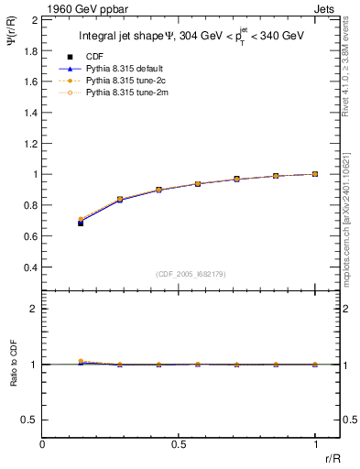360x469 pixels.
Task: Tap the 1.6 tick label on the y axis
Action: (x=28, y=82)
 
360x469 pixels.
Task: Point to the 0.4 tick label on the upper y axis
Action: (x=28, y=267)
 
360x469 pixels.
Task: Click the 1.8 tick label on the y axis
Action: (x=28, y=50)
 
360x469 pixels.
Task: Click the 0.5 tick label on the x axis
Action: (x=179, y=444)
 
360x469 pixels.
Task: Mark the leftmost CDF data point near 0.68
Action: (x=81, y=223)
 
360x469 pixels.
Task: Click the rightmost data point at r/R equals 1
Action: (x=315, y=174)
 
